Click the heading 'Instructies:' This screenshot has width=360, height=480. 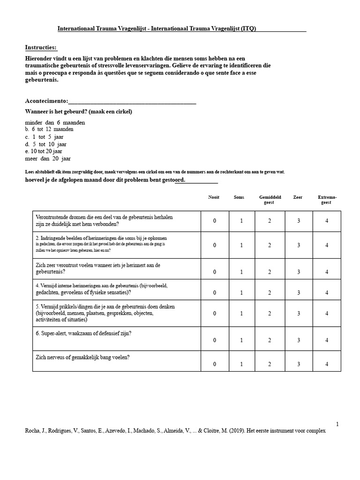[41, 47]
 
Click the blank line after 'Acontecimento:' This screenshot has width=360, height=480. [132, 101]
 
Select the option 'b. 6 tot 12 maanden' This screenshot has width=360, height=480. [49, 129]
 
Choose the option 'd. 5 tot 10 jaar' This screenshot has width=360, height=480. [46, 144]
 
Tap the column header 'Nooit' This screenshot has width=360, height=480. [214, 197]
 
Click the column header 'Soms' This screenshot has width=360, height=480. [239, 197]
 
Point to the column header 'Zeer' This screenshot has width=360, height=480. [298, 197]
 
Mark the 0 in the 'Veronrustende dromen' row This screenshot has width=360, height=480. [214, 221]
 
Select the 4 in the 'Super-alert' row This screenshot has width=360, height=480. [327, 340]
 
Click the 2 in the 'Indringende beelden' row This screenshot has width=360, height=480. [270, 245]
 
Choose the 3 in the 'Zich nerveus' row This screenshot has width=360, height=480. [299, 364]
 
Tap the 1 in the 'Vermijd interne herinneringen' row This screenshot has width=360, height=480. [241, 292]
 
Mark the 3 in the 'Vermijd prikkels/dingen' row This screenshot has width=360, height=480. [299, 313]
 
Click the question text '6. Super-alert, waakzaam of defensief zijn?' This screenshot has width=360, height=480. [83, 334]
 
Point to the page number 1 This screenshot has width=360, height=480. [337, 424]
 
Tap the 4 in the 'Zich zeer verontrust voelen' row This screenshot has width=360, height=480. [327, 272]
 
